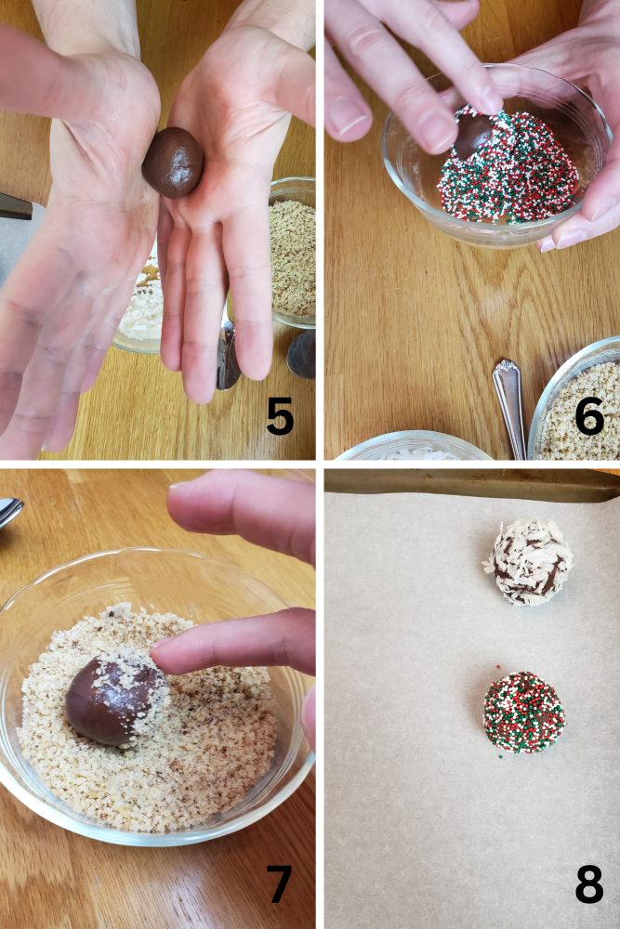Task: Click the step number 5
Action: (x=280, y=418)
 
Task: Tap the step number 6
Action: (x=589, y=418)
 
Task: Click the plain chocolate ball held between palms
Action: (x=173, y=163)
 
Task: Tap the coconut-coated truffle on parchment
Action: (x=529, y=562)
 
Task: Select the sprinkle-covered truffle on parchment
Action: (x=524, y=712)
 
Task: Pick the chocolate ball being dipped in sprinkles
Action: (x=472, y=135)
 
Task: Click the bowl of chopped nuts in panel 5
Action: (x=293, y=255)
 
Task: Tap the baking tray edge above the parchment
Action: (x=465, y=484)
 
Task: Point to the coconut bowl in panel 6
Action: (x=414, y=450)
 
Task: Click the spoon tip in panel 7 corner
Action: (x=9, y=512)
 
